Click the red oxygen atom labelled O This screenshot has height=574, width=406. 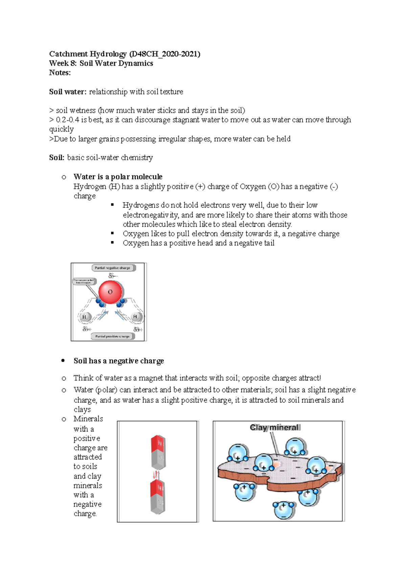coord(110,292)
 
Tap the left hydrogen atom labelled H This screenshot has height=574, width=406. coord(84,317)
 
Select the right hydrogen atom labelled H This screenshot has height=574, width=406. coord(135,316)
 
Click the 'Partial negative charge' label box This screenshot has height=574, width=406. coord(113,268)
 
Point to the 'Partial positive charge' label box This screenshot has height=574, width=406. coord(113,336)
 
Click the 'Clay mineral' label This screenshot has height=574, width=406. coord(275,428)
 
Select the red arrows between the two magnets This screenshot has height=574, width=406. coord(156,475)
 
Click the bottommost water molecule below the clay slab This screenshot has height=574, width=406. coord(284,510)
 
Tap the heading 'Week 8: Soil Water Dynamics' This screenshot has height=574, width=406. coord(101,64)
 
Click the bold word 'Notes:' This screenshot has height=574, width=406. coord(60,73)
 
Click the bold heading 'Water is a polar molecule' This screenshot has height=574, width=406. coord(118,177)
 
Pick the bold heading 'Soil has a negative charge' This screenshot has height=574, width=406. coord(118,361)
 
